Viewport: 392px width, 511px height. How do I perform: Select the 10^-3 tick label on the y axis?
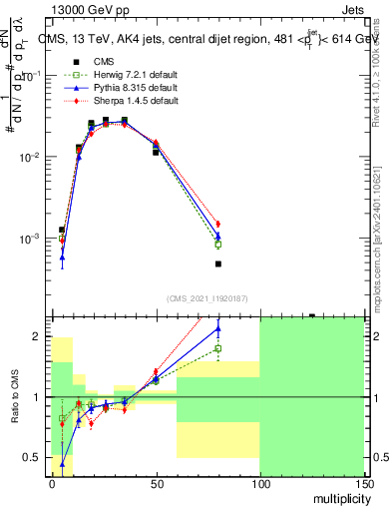[x=31, y=240]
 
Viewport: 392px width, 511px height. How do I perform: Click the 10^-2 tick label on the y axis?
[x=31, y=158]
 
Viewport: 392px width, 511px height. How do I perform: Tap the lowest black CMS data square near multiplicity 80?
[x=217, y=264]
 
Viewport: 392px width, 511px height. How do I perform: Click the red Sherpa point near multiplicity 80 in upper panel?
[x=217, y=224]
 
